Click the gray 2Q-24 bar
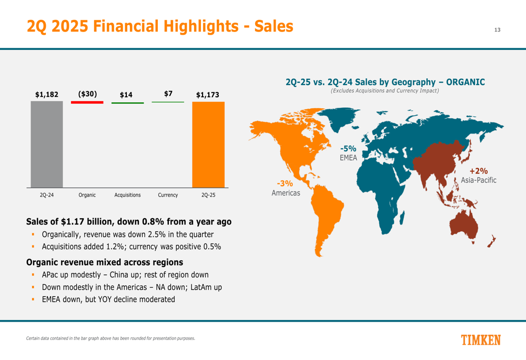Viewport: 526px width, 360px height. pos(46,144)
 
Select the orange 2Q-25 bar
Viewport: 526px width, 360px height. pos(208,144)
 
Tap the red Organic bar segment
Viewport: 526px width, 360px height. pos(87,102)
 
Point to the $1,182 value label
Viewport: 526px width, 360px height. pos(46,95)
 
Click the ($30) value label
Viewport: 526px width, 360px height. pos(87,94)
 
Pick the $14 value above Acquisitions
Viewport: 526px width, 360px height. pos(126,95)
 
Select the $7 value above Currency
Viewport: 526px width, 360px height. pos(168,94)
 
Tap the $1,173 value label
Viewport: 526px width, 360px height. pos(207,95)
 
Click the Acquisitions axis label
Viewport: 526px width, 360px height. pos(127,195)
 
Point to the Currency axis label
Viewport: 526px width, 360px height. pos(168,195)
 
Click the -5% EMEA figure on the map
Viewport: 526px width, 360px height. pos(348,149)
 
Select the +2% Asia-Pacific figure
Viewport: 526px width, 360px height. pos(479,171)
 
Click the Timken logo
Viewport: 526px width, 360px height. pos(481,340)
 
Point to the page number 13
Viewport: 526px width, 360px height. pos(497,29)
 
